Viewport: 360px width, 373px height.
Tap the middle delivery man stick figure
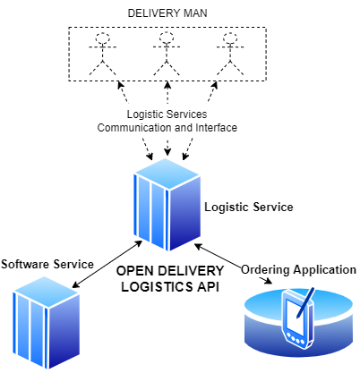[166, 54]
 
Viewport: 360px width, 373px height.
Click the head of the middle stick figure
[166, 39]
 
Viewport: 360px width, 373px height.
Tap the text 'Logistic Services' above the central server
[167, 115]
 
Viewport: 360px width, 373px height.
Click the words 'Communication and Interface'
[167, 128]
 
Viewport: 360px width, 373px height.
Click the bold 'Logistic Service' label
[248, 207]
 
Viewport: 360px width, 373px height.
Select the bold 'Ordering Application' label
[299, 269]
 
